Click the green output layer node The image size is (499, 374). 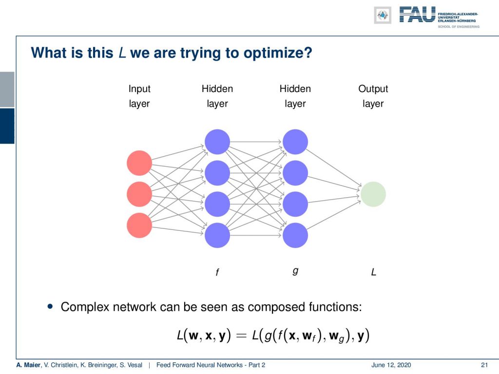(x=373, y=194)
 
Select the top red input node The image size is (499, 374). (x=139, y=163)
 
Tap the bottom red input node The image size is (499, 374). (x=139, y=225)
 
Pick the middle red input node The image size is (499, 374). (x=139, y=194)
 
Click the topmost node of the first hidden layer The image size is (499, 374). (x=217, y=142)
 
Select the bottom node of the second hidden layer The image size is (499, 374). (x=295, y=235)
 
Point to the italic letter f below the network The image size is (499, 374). (x=217, y=272)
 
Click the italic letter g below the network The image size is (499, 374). (x=295, y=271)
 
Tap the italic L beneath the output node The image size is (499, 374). (x=373, y=272)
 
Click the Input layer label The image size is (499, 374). (x=139, y=96)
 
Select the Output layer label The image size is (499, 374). (x=373, y=96)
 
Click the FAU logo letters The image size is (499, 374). (x=417, y=15)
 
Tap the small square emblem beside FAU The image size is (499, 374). (x=383, y=15)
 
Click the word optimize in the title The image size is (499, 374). (x=278, y=53)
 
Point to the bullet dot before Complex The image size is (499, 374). (x=50, y=306)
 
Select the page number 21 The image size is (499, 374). (x=484, y=365)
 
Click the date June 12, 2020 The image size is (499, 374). (x=391, y=365)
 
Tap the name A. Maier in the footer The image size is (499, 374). (x=29, y=365)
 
